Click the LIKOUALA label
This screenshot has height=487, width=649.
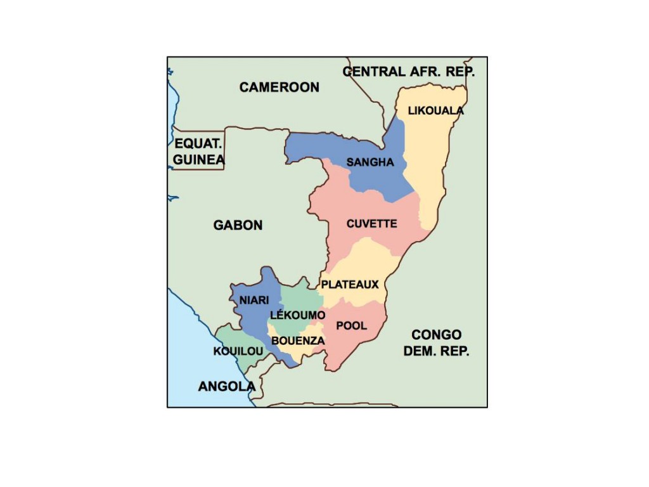tap(435, 110)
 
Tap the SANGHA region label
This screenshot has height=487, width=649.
tap(370, 162)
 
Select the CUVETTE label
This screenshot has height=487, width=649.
tap(371, 224)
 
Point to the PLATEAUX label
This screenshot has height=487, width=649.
tap(350, 285)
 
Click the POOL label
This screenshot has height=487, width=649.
tap(351, 326)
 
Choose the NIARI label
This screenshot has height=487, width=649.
tap(254, 300)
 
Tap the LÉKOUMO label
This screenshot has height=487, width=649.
tap(297, 315)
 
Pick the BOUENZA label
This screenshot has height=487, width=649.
tap(298, 341)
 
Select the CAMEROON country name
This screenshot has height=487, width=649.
tap(279, 88)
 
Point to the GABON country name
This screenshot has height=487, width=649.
tap(238, 225)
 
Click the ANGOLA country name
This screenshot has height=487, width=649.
tap(226, 386)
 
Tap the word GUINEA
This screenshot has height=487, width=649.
tap(198, 160)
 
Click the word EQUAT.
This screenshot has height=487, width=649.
tap(198, 144)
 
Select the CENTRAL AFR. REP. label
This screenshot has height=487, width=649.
tap(408, 72)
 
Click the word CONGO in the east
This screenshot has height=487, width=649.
tap(436, 335)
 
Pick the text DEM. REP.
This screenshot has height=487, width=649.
tap(436, 351)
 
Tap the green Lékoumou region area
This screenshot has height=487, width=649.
tap(298, 298)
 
